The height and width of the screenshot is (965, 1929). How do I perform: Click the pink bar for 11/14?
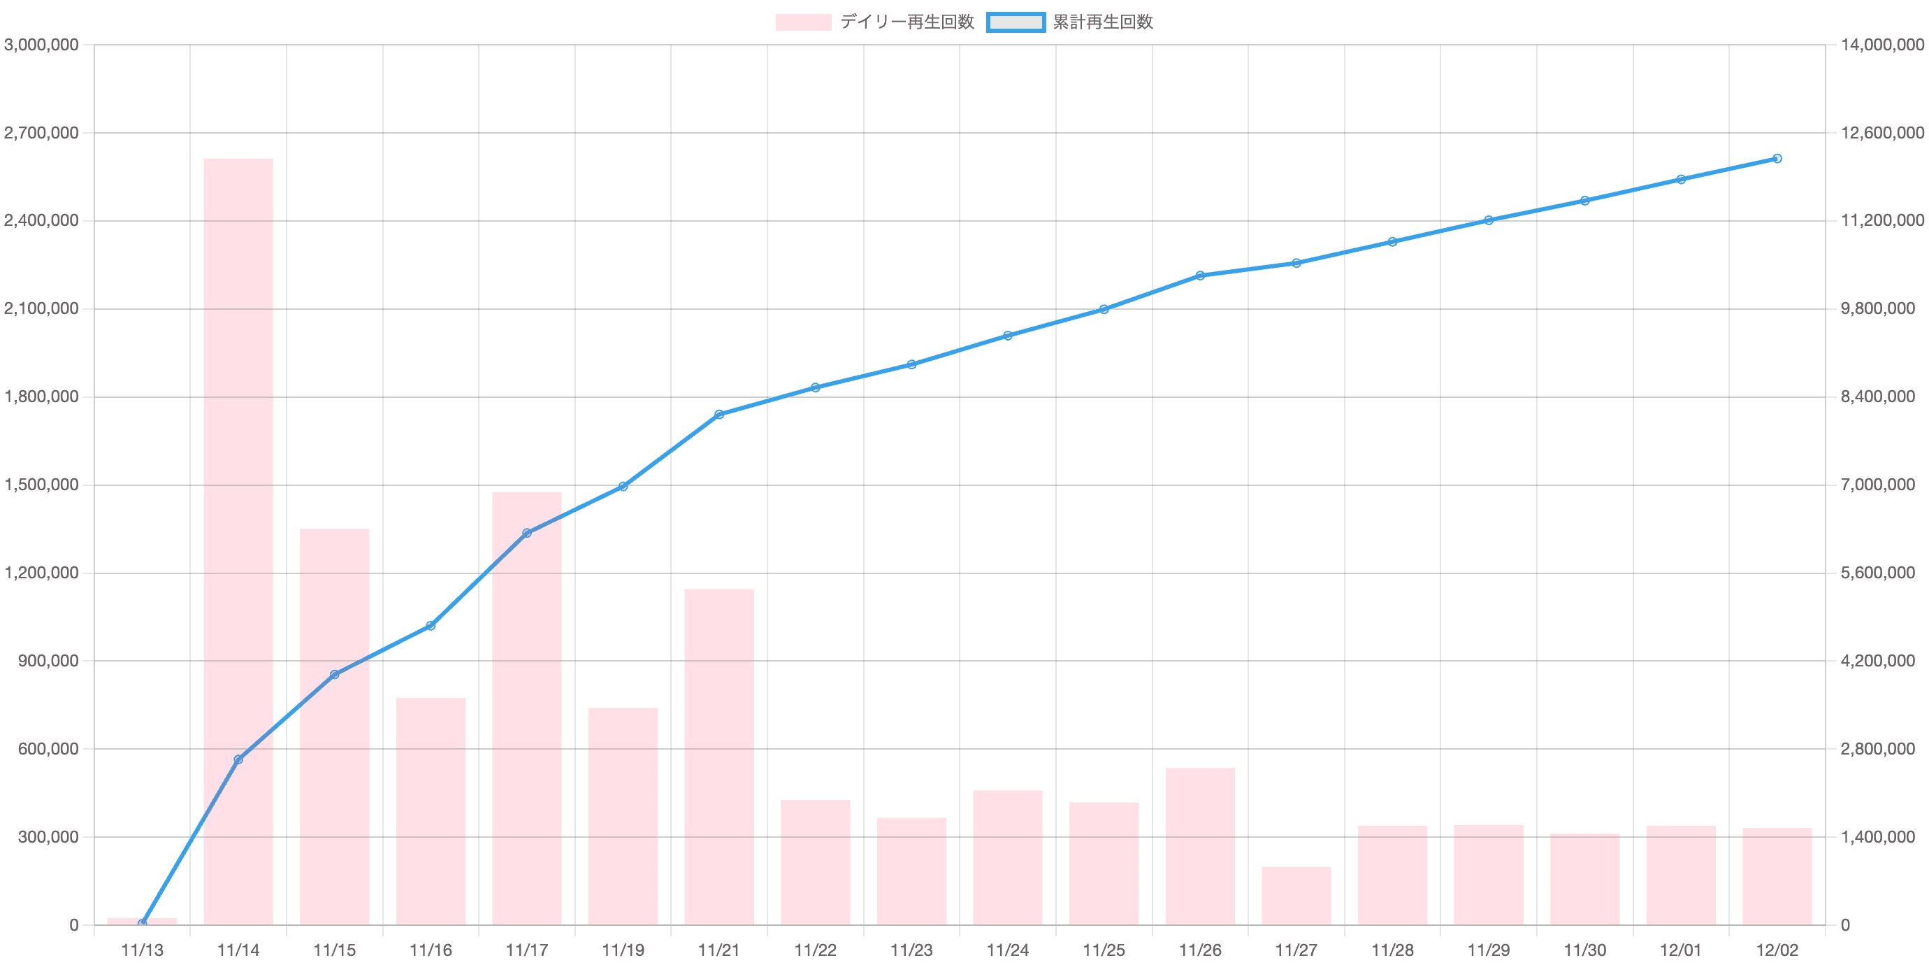(x=238, y=541)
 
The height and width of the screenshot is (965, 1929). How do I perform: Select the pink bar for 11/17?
(x=526, y=708)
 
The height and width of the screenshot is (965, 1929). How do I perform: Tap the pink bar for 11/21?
(x=719, y=756)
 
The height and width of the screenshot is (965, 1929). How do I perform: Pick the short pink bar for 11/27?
(x=1296, y=895)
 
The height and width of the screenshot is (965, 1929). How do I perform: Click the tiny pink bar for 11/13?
(x=143, y=921)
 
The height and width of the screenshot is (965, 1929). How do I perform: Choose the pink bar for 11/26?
(x=1199, y=846)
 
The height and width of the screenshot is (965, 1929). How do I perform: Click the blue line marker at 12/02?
(x=1778, y=159)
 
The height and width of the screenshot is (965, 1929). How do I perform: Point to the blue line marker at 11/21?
(x=719, y=414)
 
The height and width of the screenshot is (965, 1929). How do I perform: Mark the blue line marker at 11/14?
(x=238, y=759)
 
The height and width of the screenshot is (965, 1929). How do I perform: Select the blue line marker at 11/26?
(x=1199, y=276)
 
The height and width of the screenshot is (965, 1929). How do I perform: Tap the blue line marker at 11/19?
(x=623, y=486)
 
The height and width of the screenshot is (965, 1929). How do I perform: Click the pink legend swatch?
(x=803, y=22)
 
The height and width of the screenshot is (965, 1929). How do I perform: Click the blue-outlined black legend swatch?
(x=1015, y=22)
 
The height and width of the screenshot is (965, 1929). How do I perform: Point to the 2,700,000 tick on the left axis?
(x=43, y=134)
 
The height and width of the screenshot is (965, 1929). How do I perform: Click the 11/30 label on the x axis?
(x=1585, y=951)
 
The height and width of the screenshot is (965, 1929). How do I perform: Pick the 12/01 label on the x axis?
(x=1681, y=951)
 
